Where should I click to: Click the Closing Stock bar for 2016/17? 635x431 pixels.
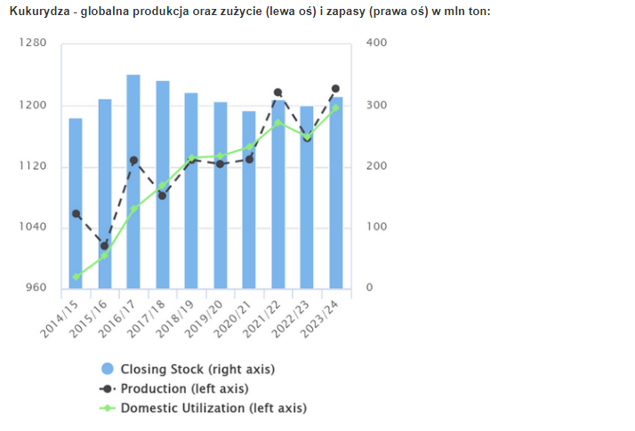133,181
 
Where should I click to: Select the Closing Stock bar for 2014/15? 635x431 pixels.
76,204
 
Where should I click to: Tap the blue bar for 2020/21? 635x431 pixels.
249,200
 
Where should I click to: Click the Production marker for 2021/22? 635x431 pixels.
277,92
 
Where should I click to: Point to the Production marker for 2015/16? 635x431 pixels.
104,246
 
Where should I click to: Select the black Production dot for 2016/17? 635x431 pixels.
133,161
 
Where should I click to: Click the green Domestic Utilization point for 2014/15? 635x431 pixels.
76,276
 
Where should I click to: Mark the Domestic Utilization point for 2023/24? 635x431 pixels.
335,108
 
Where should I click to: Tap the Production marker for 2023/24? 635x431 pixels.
335,89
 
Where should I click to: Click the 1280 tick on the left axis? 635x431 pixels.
33,43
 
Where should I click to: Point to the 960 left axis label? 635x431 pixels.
36,287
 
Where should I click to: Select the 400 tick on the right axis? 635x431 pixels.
376,43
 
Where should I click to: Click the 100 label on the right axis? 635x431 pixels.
376,227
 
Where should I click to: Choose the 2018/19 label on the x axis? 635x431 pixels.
175,318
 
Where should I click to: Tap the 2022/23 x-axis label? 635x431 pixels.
290,318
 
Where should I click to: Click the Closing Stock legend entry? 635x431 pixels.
188,369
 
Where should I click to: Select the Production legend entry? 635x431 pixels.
174,388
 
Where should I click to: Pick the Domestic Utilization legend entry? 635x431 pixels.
204,408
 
